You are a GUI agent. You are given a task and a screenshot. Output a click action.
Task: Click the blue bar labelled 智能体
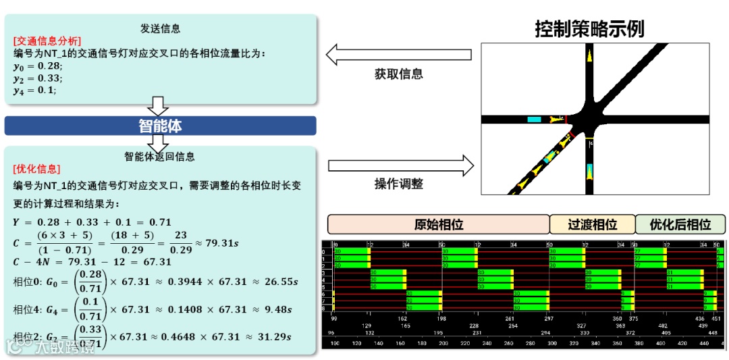coord(160,126)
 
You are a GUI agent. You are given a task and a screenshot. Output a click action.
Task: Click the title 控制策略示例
coord(589,28)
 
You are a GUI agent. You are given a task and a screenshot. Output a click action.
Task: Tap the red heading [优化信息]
coord(36,169)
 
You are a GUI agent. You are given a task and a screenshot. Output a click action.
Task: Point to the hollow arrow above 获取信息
coord(398,54)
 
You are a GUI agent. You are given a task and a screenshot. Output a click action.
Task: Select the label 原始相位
coord(438,224)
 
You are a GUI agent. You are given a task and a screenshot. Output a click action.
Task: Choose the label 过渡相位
coord(592,224)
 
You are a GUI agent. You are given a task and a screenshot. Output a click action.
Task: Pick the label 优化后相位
coord(680,224)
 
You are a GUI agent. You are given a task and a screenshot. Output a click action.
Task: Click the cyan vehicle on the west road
coord(534,120)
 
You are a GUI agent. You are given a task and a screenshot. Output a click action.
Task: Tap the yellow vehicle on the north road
coord(589,56)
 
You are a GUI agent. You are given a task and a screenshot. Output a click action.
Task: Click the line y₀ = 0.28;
coord(38,66)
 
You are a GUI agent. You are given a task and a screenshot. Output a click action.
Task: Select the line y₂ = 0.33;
coord(38,78)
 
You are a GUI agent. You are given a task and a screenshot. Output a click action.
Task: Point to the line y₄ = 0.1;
coord(35,91)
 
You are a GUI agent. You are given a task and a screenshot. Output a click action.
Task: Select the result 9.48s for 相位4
coord(277,309)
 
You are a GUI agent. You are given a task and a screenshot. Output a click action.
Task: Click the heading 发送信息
coord(160,28)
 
